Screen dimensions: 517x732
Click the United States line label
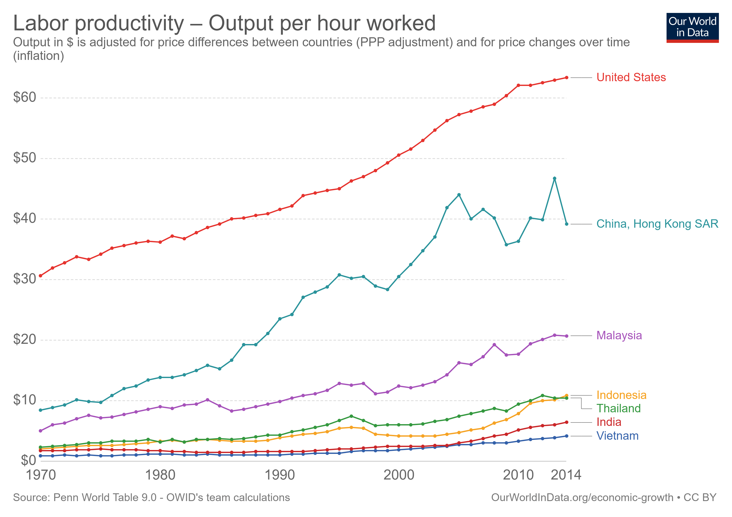(x=631, y=78)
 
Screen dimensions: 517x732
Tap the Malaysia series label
(x=619, y=336)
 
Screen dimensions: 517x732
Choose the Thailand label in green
(x=618, y=409)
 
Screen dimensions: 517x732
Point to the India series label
(x=609, y=422)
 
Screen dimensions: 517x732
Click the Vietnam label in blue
(x=617, y=436)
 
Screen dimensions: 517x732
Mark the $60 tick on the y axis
(x=25, y=97)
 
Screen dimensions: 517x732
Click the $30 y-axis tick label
(x=25, y=279)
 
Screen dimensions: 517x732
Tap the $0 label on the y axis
(x=28, y=461)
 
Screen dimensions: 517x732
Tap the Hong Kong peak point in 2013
(x=554, y=179)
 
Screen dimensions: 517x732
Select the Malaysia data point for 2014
(x=566, y=336)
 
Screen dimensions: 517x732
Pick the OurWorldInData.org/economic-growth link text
(x=582, y=498)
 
